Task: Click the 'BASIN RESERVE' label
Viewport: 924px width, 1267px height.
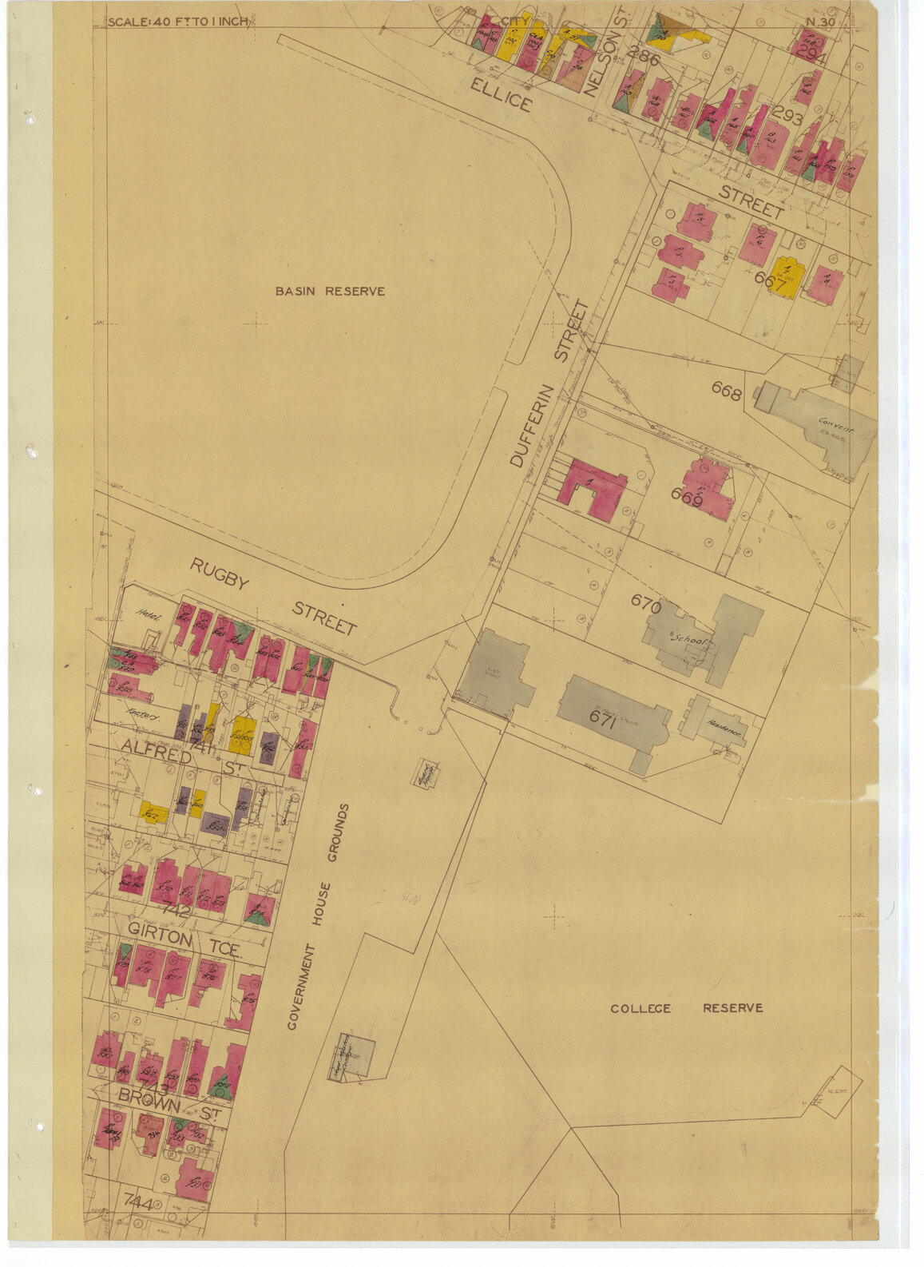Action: [x=330, y=292]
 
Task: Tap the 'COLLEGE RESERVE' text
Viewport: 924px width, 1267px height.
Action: [x=686, y=1008]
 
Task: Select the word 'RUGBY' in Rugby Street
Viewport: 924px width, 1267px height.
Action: [x=219, y=574]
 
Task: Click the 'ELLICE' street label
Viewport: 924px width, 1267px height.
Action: [x=501, y=96]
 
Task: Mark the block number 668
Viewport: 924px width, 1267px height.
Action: [x=727, y=393]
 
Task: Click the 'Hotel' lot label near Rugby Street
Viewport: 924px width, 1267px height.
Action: [x=149, y=615]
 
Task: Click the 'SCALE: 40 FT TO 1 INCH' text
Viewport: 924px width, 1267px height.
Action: [x=178, y=22]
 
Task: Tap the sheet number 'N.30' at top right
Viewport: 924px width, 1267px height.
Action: [x=819, y=22]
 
